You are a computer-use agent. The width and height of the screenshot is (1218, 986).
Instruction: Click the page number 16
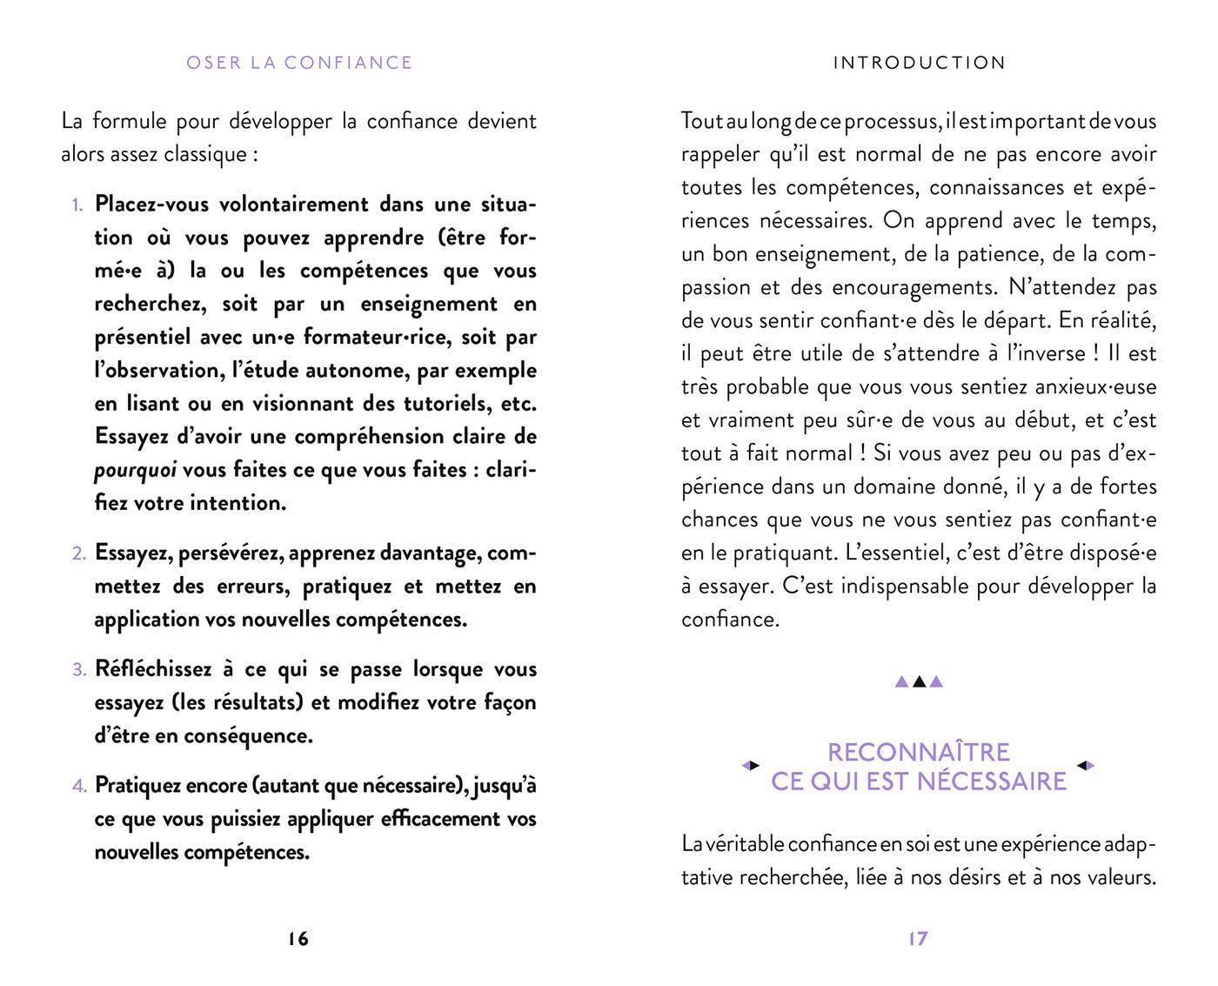(298, 939)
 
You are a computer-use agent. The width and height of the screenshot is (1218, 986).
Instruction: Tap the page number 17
(918, 939)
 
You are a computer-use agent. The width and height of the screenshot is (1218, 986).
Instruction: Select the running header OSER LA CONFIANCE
(299, 63)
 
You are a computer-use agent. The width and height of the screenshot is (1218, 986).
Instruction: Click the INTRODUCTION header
(919, 63)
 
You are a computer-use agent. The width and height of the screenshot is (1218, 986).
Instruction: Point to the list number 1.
(77, 205)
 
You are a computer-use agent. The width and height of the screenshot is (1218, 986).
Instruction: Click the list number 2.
(78, 553)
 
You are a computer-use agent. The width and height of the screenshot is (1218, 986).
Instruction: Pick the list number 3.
(78, 670)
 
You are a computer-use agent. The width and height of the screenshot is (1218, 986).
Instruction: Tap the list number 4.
(78, 786)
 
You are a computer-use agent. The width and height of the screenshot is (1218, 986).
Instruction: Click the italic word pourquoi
(135, 470)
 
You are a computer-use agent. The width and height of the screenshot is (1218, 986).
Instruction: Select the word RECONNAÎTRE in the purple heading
(918, 752)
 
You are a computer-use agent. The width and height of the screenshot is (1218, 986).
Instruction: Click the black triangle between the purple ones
(919, 681)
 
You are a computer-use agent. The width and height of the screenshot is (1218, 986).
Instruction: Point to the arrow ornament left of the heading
(750, 766)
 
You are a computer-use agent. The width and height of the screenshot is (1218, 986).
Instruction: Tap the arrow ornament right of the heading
(1086, 766)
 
